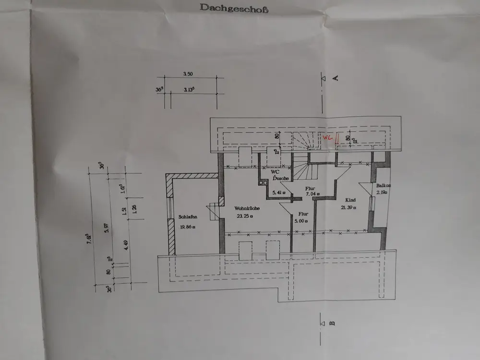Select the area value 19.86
coord(187,228)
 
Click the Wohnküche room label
coord(248,208)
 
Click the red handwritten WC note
coord(328,137)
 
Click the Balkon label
coord(384,185)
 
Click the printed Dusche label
coord(280,178)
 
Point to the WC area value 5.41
coord(278,193)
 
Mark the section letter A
coord(336,77)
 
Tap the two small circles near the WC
coord(262,182)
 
